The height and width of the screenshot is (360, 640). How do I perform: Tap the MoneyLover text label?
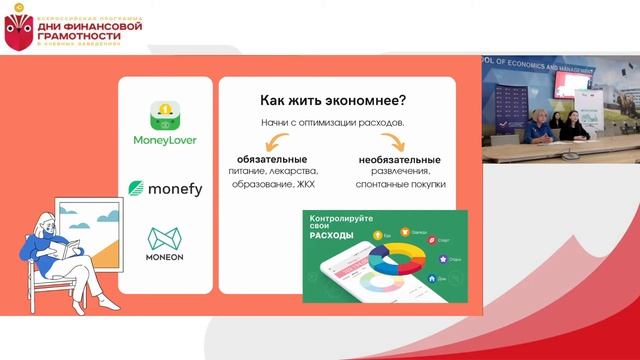pyautogui.click(x=165, y=140)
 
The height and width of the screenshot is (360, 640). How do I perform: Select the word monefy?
pyautogui.click(x=175, y=189)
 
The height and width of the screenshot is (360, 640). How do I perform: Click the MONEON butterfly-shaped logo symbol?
pyautogui.click(x=165, y=238)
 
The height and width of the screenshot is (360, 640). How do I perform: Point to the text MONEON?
pyautogui.click(x=165, y=257)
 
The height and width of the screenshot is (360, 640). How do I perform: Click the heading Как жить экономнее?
pyautogui.click(x=332, y=100)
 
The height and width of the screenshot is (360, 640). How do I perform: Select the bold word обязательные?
pyautogui.click(x=272, y=159)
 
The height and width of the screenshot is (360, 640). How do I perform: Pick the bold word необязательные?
pyautogui.click(x=400, y=159)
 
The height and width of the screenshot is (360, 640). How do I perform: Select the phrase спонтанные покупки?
pyautogui.click(x=400, y=185)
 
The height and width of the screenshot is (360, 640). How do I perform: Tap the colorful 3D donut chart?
pyautogui.click(x=397, y=258)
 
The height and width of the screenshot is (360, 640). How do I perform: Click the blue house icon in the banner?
pyautogui.click(x=431, y=278)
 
